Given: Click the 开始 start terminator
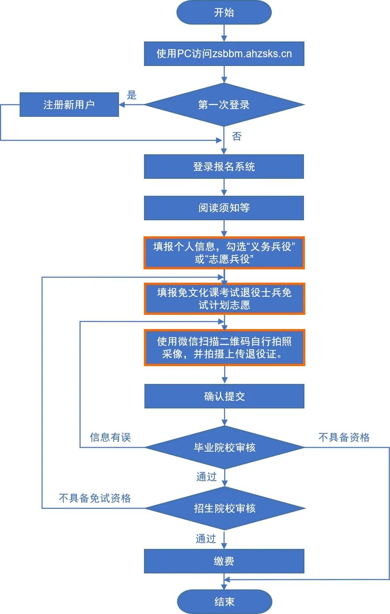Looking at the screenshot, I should tap(224, 12).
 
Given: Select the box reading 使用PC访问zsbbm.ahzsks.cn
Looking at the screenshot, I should tap(224, 54).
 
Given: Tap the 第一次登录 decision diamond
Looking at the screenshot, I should tap(224, 105).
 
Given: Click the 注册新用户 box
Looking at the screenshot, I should tap(69, 105).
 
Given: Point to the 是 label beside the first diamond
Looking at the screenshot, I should tap(131, 95).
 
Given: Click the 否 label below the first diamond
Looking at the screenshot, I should tap(237, 136).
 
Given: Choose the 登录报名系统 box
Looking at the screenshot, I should tap(224, 167).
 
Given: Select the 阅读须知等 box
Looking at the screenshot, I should tap(224, 208).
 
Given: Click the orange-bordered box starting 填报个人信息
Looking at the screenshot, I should tap(224, 253).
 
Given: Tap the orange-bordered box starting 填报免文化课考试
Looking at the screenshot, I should tap(224, 298).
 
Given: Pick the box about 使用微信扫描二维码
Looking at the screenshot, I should tap(224, 348).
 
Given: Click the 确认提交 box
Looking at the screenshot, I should tap(224, 396).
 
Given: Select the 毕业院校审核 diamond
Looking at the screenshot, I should tap(224, 447).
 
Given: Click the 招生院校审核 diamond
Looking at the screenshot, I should tap(224, 508).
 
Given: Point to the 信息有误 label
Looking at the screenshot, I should tap(110, 437).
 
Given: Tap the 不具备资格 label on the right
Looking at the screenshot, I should tap(344, 437).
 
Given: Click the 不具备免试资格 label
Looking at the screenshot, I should tap(94, 498).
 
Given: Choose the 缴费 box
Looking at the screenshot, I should tap(224, 561).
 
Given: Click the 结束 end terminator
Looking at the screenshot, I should tap(224, 602).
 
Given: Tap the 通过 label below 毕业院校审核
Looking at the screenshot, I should tap(206, 477).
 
